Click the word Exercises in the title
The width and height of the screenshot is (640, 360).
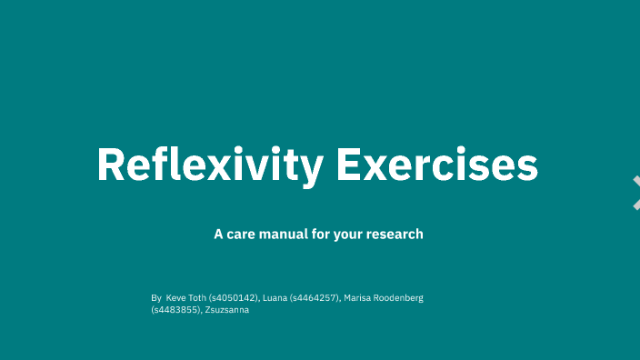click(x=437, y=165)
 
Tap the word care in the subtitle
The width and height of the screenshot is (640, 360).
click(x=244, y=234)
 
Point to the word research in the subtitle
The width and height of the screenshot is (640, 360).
click(x=395, y=234)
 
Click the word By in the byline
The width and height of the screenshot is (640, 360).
click(x=155, y=297)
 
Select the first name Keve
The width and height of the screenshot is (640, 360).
click(x=176, y=297)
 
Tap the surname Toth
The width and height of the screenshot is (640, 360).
click(x=197, y=297)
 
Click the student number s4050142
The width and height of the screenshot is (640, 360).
click(x=235, y=297)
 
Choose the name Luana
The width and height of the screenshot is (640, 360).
click(x=275, y=297)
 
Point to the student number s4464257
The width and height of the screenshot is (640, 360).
click(x=315, y=297)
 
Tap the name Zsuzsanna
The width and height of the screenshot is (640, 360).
click(x=227, y=310)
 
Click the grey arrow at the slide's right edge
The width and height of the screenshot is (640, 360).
click(x=635, y=193)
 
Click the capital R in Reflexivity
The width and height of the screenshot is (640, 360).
click(x=111, y=165)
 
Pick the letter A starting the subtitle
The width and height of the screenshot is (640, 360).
click(x=218, y=234)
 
